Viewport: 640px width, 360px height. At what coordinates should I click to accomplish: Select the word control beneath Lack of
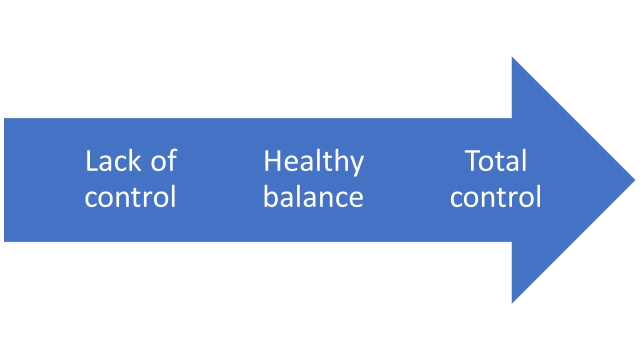pyautogui.click(x=130, y=197)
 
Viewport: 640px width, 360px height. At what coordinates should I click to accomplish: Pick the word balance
pyautogui.click(x=313, y=197)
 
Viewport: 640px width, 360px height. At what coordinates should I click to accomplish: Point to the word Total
pyautogui.click(x=496, y=161)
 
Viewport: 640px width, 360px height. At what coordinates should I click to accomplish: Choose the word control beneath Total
pyautogui.click(x=495, y=197)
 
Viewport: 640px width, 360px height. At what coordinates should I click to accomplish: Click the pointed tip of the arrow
pyautogui.click(x=634, y=180)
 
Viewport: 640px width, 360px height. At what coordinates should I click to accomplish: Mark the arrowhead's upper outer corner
pyautogui.click(x=512, y=58)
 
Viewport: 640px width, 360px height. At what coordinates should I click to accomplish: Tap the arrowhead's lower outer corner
pyautogui.click(x=512, y=302)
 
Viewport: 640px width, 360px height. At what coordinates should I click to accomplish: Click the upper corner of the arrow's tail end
pyautogui.click(x=4, y=119)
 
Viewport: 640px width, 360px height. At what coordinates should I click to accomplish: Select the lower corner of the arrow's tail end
pyautogui.click(x=4, y=241)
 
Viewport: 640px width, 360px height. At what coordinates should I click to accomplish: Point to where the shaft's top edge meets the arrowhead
pyautogui.click(x=511, y=118)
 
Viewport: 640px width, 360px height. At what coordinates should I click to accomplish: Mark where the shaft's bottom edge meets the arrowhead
pyautogui.click(x=511, y=241)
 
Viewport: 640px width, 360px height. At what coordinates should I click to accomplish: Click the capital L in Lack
pyautogui.click(x=90, y=161)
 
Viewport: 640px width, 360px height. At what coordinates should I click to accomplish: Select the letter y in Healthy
pyautogui.click(x=357, y=165)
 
